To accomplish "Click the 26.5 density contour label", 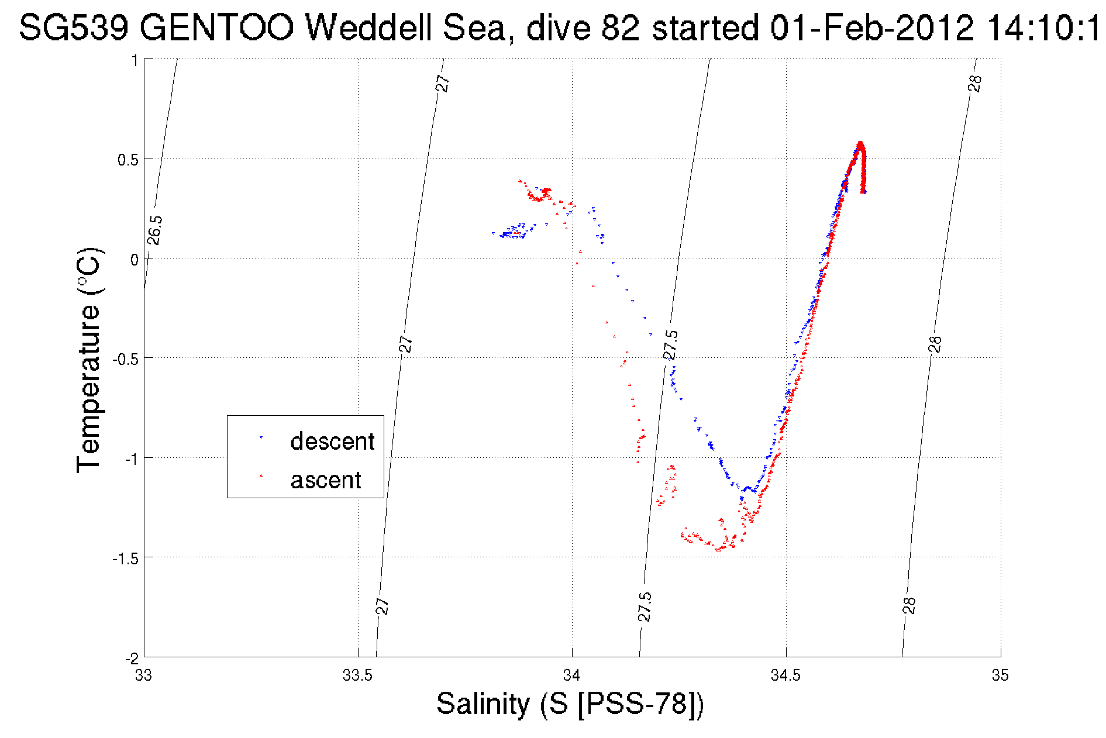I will pos(154,230).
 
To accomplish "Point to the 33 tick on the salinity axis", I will pos(143,675).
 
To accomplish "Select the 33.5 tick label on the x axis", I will pos(357,675).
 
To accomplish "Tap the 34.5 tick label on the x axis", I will pos(786,675).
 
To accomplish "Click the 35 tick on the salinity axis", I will pos(1000,675).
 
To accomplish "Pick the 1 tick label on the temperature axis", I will pos(134,61).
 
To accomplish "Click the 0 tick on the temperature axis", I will pos(134,260).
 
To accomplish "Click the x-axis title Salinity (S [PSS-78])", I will pos(570,703).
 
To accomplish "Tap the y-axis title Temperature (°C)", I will pos(89,360).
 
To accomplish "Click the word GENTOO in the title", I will pos(216,27).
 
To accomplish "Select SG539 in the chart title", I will pos(73,27).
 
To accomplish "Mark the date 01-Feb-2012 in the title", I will pos(872,27).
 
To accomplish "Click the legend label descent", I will pos(332,442).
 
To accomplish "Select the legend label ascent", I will pos(326,480).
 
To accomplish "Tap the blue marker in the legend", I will pos(261,437).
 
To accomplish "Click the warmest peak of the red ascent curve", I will pos(860,143).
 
